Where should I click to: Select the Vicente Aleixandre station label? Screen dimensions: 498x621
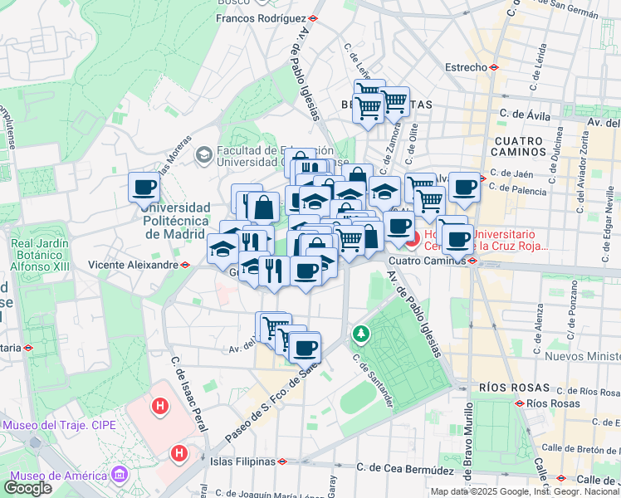(x=134, y=265)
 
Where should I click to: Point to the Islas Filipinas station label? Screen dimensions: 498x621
(x=242, y=461)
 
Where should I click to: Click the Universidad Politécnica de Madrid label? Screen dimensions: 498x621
(x=176, y=220)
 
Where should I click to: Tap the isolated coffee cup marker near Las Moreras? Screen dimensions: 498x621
(x=144, y=187)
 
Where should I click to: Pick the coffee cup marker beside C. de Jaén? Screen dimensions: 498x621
(x=464, y=187)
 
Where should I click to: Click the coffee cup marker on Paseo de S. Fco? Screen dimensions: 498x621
(x=304, y=346)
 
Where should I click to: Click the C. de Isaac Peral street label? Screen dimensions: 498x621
(x=187, y=386)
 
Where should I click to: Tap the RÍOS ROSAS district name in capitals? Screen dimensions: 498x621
(x=514, y=388)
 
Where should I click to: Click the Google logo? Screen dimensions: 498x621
(x=28, y=488)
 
